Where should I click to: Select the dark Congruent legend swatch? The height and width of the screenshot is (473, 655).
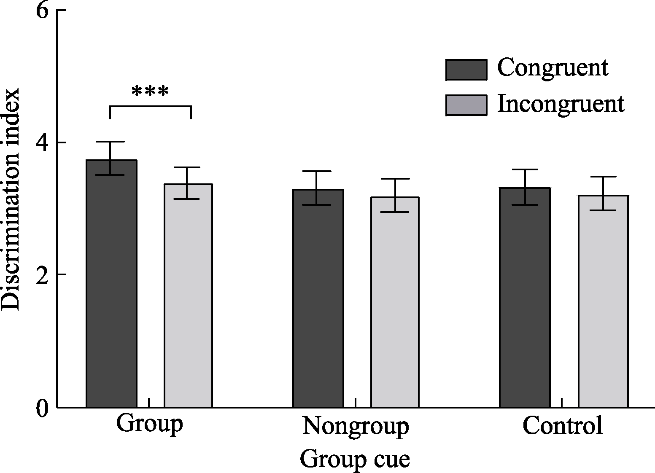pyautogui.click(x=466, y=70)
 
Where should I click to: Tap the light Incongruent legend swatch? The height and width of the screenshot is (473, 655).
pyautogui.click(x=466, y=105)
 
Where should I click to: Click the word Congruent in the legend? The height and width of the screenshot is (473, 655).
pyautogui.click(x=553, y=68)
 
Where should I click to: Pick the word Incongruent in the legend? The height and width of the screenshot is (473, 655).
pyautogui.click(x=561, y=104)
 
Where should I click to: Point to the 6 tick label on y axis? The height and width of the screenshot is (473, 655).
pyautogui.click(x=42, y=11)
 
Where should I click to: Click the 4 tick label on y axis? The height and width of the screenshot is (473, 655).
pyautogui.click(x=42, y=142)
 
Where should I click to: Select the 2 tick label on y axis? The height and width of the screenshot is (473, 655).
pyautogui.click(x=42, y=275)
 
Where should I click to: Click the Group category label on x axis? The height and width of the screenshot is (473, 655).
pyautogui.click(x=149, y=425)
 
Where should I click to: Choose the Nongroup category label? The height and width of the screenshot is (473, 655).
pyautogui.click(x=356, y=427)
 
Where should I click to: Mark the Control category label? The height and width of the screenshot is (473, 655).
pyautogui.click(x=562, y=426)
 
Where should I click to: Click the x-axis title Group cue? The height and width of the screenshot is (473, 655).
pyautogui.click(x=355, y=459)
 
